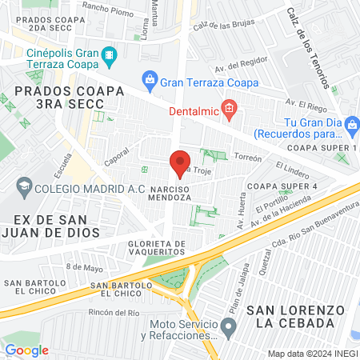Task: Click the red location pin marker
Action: tap(181, 162)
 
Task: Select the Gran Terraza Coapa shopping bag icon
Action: tap(149, 79)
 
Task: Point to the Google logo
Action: tap(26, 350)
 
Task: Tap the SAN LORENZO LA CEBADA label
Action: tap(290, 316)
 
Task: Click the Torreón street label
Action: tap(248, 158)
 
